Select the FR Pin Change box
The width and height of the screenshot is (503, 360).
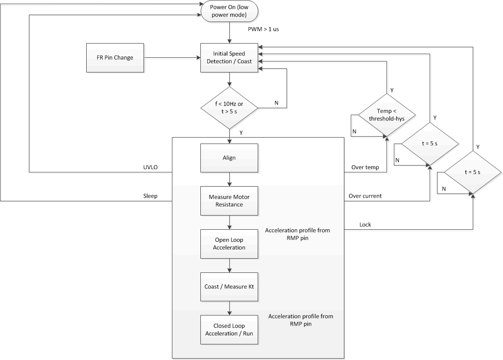(115, 58)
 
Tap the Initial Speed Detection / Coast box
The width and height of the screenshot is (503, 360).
(229, 58)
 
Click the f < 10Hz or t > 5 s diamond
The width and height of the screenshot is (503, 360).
(229, 108)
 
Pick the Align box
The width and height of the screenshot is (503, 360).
(229, 158)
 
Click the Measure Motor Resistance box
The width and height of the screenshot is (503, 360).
(229, 201)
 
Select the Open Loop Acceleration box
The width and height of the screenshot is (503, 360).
(229, 244)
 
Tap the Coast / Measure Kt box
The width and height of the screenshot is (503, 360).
(229, 287)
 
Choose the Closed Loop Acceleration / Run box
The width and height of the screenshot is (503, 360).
(229, 329)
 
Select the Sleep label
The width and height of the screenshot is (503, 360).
(150, 196)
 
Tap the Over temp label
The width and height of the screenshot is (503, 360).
(365, 167)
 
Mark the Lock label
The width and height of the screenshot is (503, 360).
(365, 224)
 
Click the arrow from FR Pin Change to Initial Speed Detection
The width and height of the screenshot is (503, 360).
(172, 58)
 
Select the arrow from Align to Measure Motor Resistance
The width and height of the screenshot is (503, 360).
(229, 179)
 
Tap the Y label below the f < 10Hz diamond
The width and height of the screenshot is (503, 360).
(241, 133)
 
